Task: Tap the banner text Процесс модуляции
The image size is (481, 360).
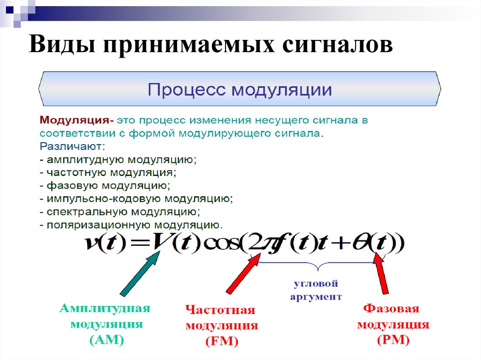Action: tap(240, 90)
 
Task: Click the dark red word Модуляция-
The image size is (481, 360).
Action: tap(77, 120)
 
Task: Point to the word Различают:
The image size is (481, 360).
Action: tap(72, 146)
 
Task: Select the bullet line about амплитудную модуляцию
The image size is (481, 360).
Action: tap(118, 160)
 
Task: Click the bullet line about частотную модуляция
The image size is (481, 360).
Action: tap(108, 173)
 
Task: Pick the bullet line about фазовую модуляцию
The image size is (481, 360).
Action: tap(105, 186)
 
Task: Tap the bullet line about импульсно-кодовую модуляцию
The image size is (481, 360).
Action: tap(136, 199)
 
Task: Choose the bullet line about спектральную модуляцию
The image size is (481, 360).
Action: tap(120, 212)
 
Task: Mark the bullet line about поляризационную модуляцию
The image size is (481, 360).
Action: tap(132, 225)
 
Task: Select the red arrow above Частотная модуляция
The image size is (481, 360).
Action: tap(243, 274)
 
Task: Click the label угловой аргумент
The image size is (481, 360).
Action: tap(316, 290)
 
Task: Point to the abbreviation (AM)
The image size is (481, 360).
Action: tap(107, 340)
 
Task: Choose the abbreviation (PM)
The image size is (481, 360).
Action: tap(393, 340)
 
